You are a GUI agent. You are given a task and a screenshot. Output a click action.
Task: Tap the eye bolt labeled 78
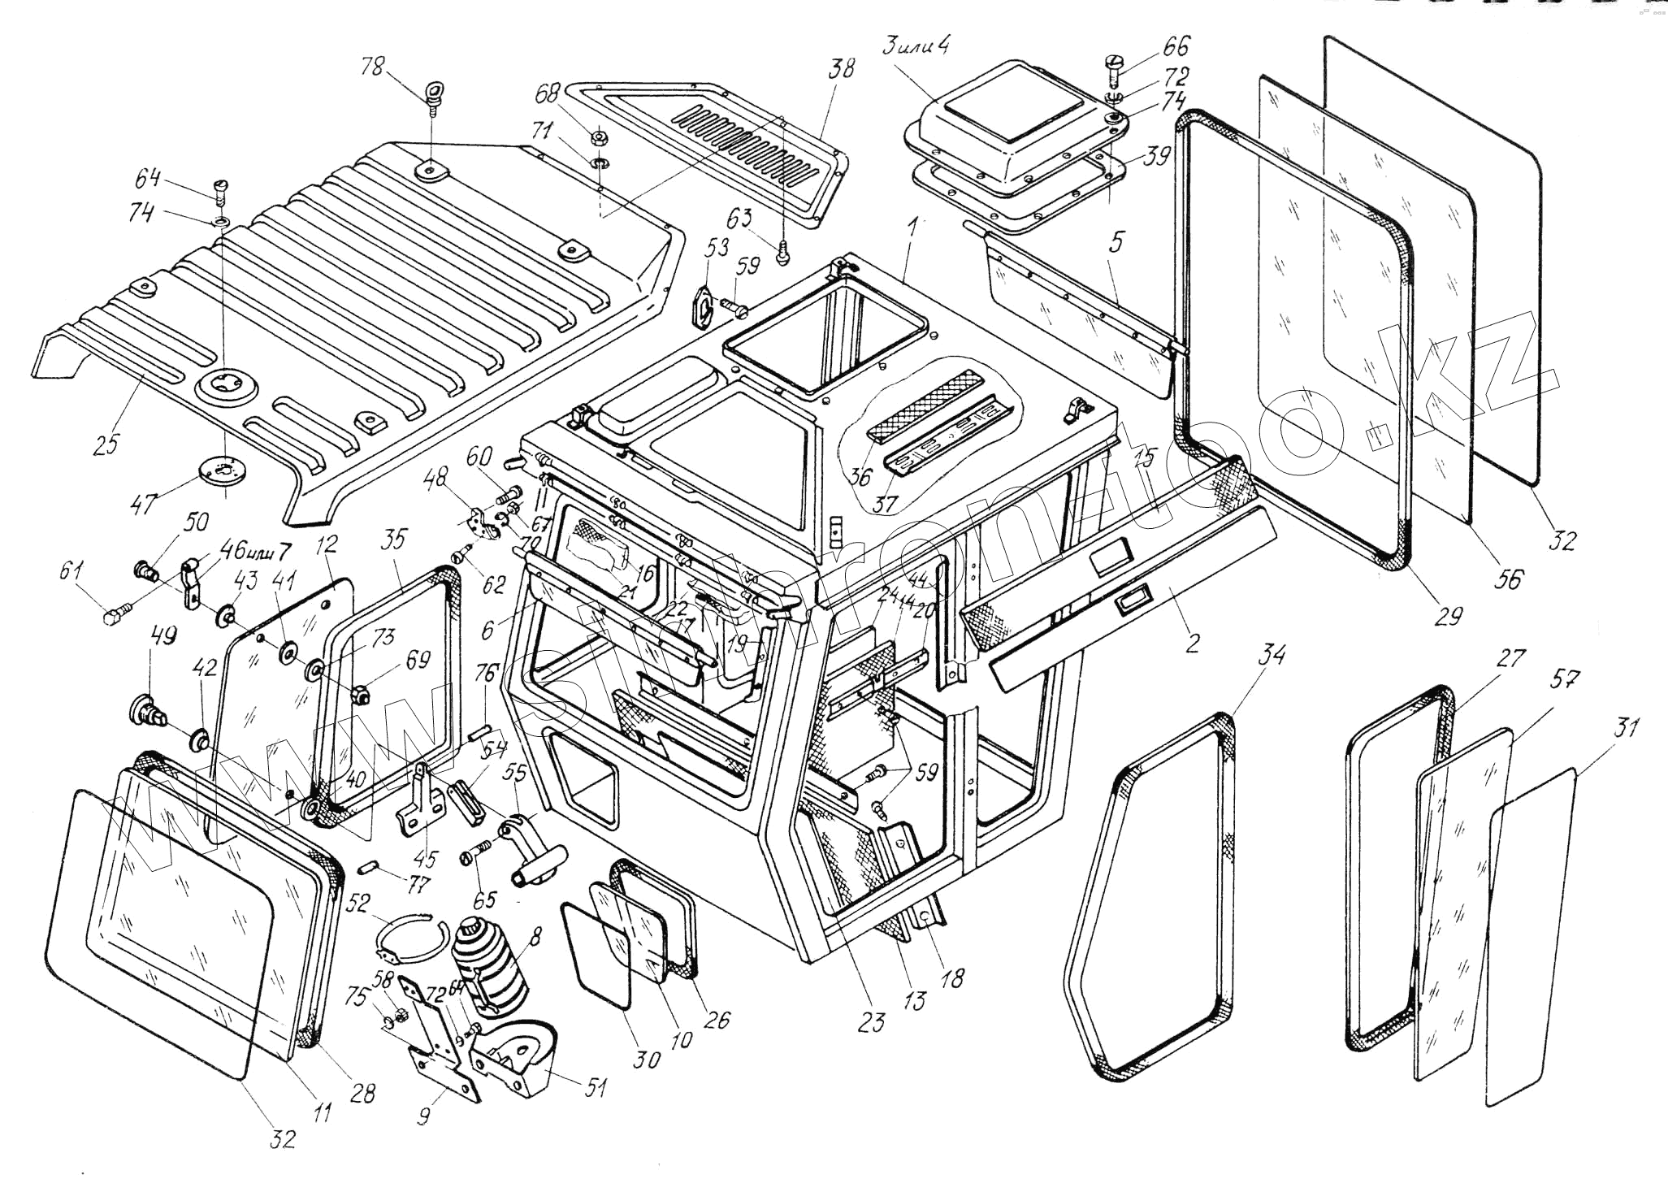point(434,94)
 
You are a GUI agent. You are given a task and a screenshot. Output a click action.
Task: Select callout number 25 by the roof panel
point(106,442)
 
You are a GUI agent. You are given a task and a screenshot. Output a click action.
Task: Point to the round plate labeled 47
point(220,470)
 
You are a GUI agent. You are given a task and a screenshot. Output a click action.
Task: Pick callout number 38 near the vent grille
point(842,68)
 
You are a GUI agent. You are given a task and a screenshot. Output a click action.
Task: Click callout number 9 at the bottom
point(423,1117)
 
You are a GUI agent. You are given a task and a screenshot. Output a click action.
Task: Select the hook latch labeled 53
point(704,307)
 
